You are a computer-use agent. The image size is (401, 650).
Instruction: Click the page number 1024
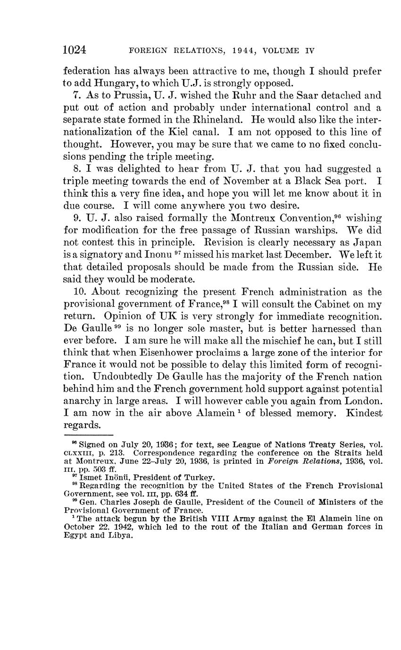(x=75, y=50)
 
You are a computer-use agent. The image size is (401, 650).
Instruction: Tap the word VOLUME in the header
(x=278, y=50)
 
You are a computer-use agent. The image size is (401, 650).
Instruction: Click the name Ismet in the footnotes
(x=90, y=477)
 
